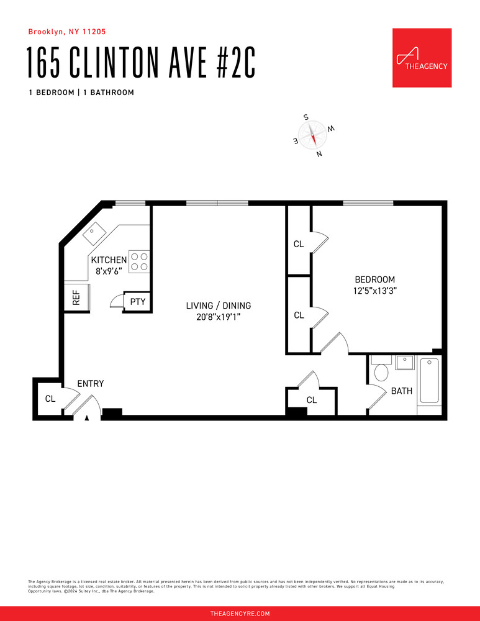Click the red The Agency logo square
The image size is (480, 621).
(x=422, y=58)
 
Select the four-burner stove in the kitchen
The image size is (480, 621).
(x=140, y=261)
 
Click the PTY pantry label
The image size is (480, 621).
(x=137, y=302)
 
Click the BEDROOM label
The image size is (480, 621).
(x=374, y=279)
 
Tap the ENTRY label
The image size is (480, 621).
(x=90, y=384)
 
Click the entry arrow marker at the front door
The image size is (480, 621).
(x=88, y=418)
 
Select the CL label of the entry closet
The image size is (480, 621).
(x=50, y=399)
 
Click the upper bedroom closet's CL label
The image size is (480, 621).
(x=299, y=244)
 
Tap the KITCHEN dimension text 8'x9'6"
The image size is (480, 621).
(x=109, y=271)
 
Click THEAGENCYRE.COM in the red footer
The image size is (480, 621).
(x=240, y=614)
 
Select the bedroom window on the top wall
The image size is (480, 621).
(x=368, y=203)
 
